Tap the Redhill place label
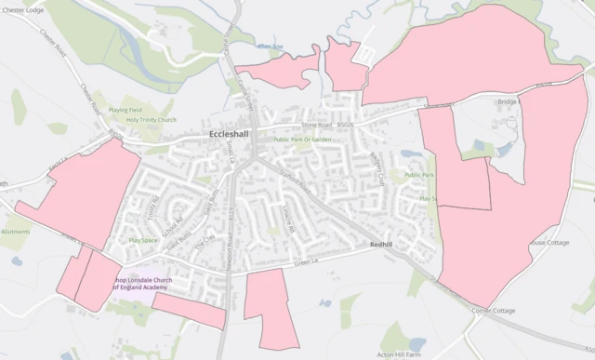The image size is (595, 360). [381, 244]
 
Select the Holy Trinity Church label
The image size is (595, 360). [152, 120]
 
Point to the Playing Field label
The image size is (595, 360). [125, 110]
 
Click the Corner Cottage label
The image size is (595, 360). [493, 311]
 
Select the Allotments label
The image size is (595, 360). [16, 232]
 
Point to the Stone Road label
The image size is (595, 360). [316, 123]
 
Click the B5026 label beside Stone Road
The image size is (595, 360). [346, 122]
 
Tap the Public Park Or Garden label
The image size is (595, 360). [302, 140]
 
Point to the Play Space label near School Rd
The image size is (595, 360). [142, 240]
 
